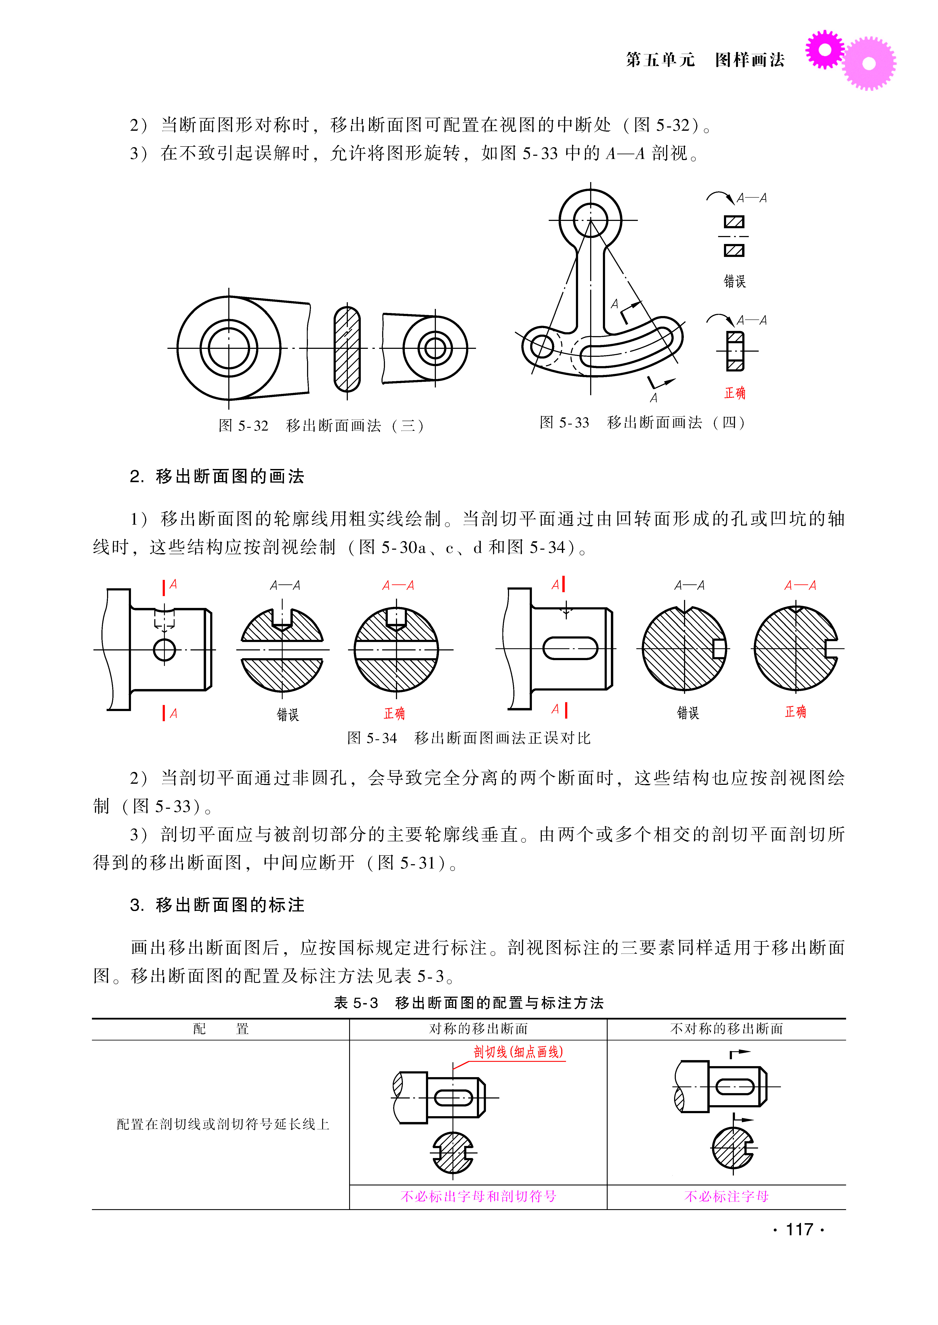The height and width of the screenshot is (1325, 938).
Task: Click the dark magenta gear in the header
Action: [825, 50]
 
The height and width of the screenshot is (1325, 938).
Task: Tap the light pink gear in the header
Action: [869, 63]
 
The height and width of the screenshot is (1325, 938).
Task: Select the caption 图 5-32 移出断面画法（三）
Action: [321, 426]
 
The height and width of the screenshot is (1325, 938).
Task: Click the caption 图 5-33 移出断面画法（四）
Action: [642, 423]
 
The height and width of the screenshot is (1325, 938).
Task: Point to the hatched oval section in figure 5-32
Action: [347, 349]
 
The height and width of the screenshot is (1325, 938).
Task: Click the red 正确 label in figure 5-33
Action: [735, 393]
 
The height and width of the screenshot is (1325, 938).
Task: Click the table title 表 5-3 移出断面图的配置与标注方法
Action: [468, 1003]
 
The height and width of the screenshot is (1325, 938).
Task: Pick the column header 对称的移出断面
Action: [478, 1029]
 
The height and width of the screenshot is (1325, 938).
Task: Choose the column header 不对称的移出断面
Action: [726, 1029]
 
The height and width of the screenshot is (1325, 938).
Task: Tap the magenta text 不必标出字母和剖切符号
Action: [478, 1196]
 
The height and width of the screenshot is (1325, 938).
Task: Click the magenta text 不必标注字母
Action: [726, 1196]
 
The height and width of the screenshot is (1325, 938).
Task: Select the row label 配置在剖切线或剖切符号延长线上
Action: [223, 1124]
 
